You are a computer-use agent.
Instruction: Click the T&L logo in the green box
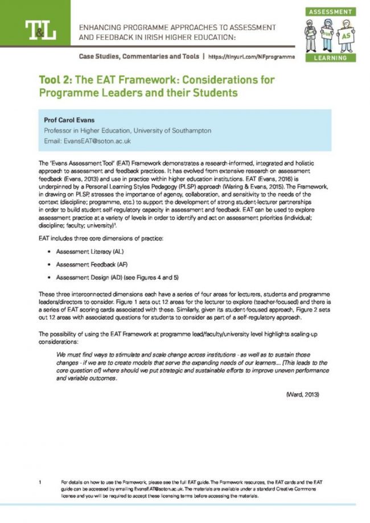click(x=40, y=30)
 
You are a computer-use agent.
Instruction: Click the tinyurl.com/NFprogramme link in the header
click(x=252, y=57)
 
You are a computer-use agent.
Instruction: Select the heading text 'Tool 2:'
click(x=59, y=79)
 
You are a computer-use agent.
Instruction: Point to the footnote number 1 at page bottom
click(x=40, y=483)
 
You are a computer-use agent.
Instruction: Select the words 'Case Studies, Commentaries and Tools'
click(x=139, y=57)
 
